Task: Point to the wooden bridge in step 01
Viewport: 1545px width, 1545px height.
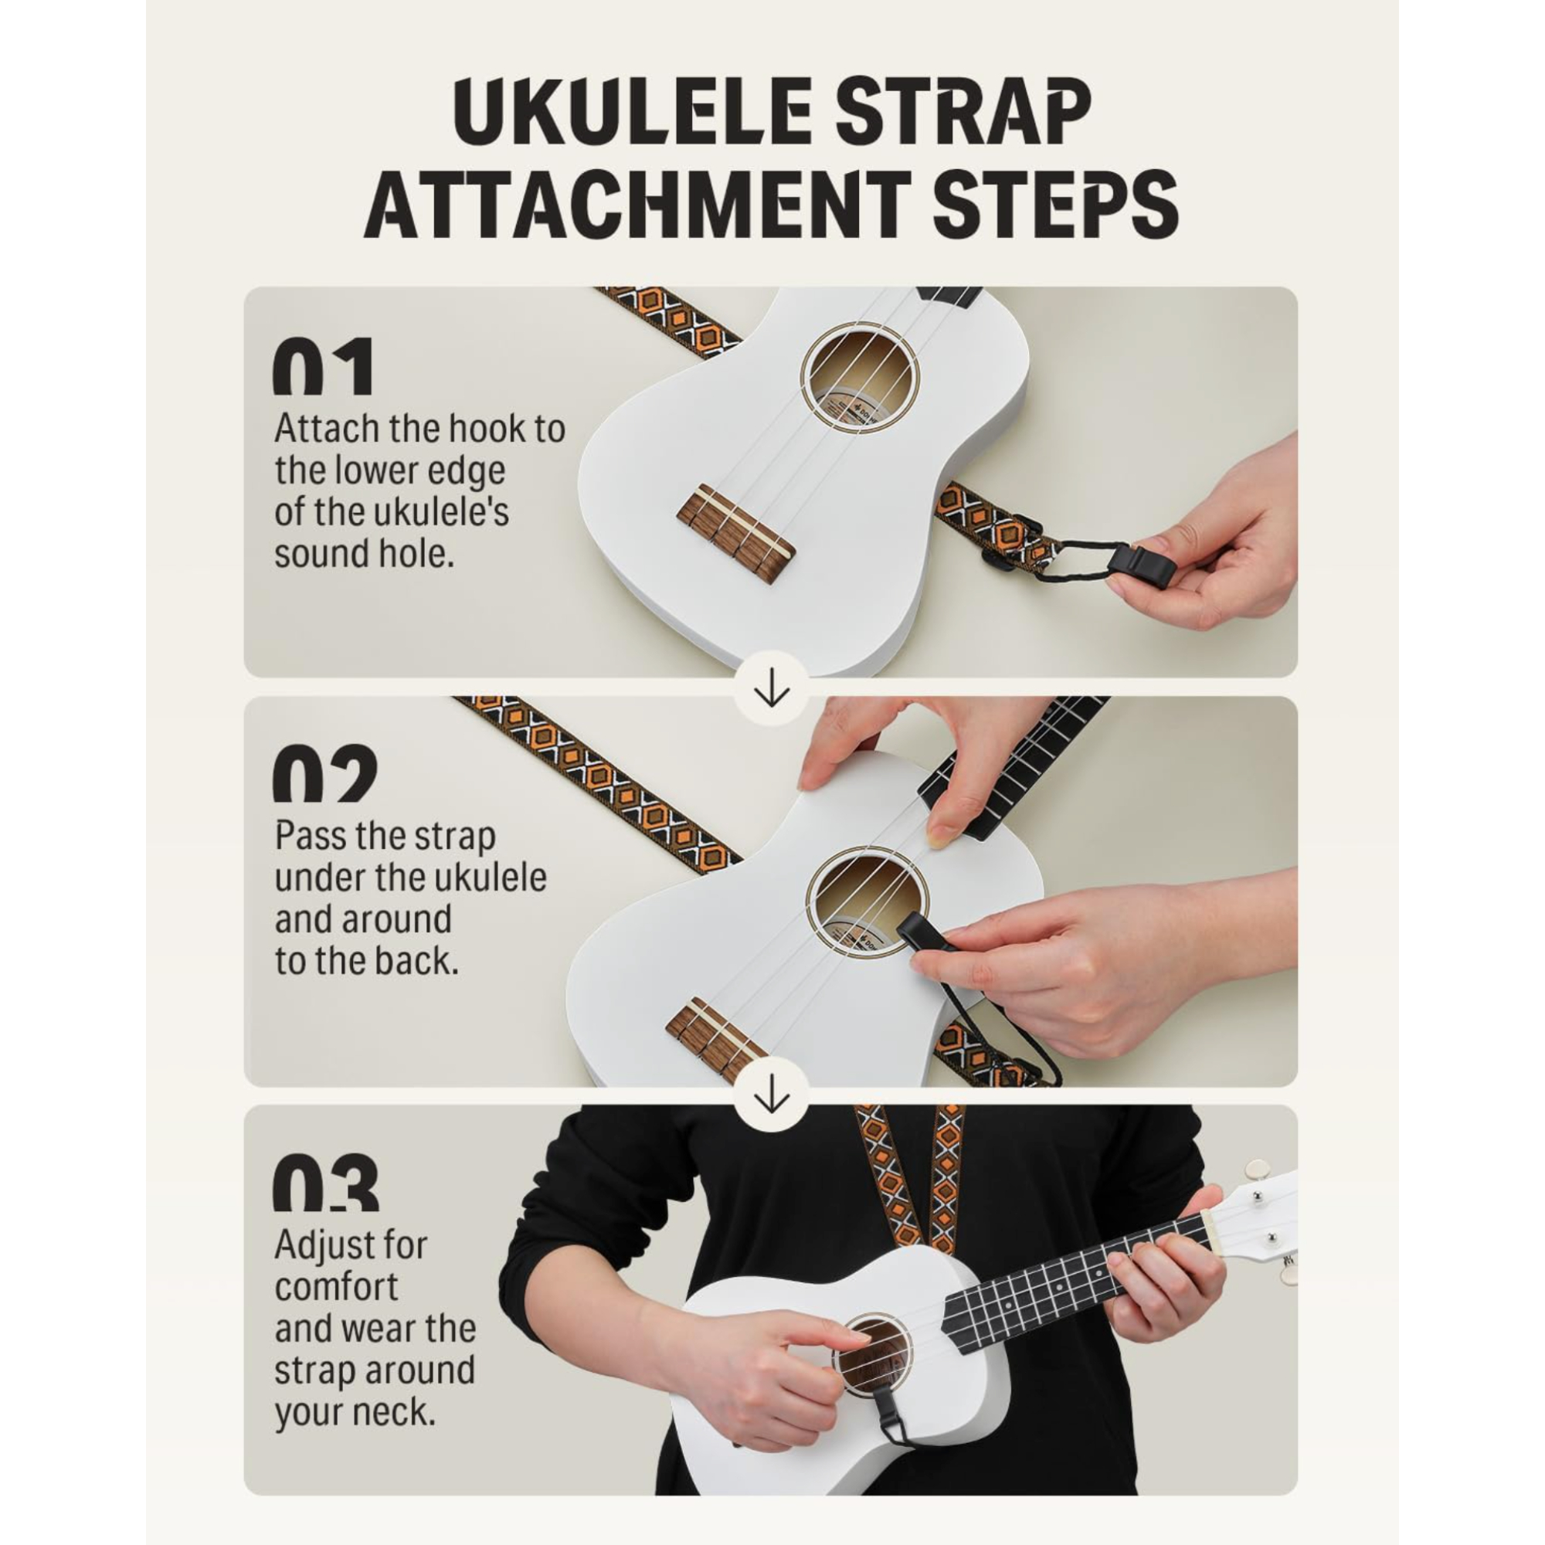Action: pos(735,531)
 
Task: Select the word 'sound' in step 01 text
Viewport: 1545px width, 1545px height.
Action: pos(312,554)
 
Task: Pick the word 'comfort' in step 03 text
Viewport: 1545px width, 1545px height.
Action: pos(336,1287)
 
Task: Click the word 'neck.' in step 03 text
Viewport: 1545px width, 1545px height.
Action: pos(395,1411)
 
